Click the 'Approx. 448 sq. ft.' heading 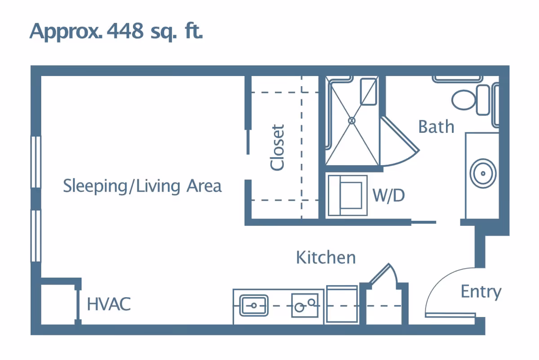tap(116, 31)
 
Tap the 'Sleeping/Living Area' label tap(142, 186)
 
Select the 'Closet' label tap(278, 148)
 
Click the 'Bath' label tap(436, 127)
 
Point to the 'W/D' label tap(389, 196)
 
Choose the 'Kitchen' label tap(326, 258)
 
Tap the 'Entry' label tap(481, 292)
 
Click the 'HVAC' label tap(109, 304)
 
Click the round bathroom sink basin tap(483, 173)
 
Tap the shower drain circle tap(352, 120)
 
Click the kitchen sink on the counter tap(254, 306)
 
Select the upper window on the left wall tap(35, 162)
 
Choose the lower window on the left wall tap(35, 236)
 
